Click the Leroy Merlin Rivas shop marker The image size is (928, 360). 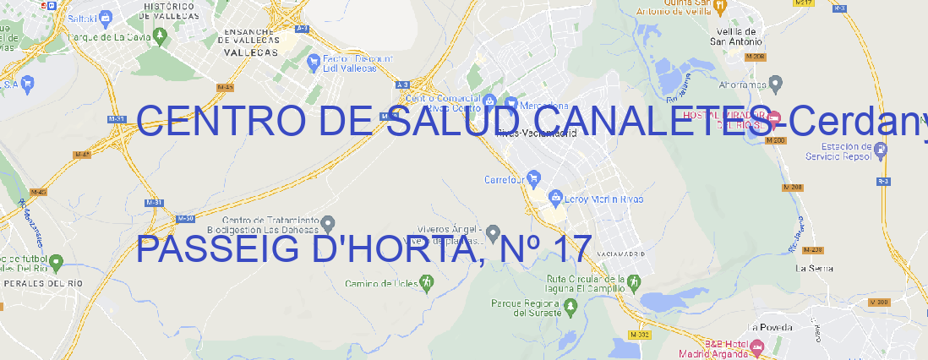[555, 198]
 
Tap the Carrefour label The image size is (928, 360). [505, 179]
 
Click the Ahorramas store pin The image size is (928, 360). [776, 83]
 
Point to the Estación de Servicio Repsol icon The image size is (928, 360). [881, 150]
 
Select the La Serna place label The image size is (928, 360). [815, 268]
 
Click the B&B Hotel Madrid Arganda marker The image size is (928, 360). [757, 346]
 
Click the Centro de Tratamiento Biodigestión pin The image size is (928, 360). [329, 223]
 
